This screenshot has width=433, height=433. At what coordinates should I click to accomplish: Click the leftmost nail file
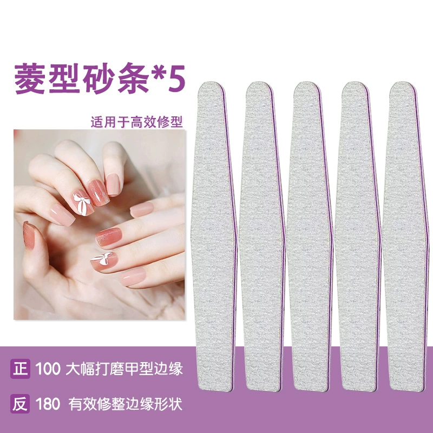point(214,236)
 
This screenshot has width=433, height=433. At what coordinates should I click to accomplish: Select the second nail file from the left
point(262,236)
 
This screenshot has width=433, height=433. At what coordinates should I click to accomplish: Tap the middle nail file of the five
point(310,236)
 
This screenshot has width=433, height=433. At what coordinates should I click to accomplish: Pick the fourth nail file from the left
point(358,236)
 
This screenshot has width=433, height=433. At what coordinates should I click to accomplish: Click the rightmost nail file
point(405,236)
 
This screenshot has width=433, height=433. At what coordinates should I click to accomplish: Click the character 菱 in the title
point(30,78)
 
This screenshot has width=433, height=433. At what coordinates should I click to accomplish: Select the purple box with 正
point(20,369)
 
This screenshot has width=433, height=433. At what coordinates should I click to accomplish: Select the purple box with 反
point(20,404)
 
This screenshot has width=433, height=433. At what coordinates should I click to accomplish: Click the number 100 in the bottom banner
point(48,369)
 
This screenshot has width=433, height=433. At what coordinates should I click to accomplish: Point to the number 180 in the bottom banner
point(48,404)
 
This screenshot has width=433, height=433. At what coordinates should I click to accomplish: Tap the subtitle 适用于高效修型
point(137,122)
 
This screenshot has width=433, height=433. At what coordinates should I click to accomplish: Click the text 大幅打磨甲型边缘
point(124,369)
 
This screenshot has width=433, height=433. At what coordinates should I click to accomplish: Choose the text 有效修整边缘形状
point(126,404)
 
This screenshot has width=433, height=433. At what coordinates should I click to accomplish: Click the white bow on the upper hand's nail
point(82,204)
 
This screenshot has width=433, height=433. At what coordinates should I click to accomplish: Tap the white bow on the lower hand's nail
point(102,259)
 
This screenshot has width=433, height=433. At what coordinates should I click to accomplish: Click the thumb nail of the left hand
point(29,235)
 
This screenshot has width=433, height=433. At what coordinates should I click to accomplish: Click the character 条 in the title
point(134,78)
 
